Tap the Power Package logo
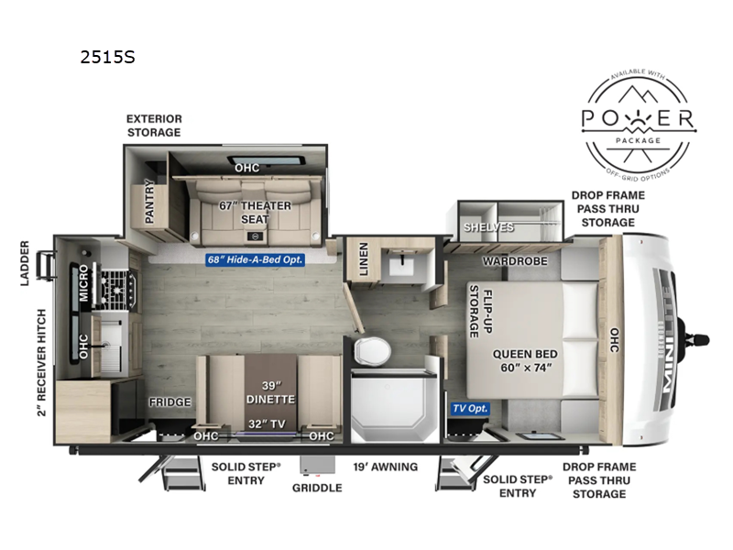tap(640, 120)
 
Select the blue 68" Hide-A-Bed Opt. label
tap(255, 259)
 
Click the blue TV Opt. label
tap(470, 408)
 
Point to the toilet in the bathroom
tap(373, 349)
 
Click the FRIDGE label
tap(170, 401)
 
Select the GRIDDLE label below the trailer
tap(317, 488)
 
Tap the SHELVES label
tap(489, 226)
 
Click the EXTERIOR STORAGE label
tap(154, 126)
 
